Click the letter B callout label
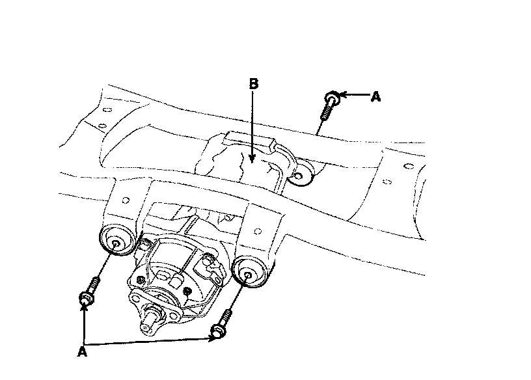(x=254, y=84)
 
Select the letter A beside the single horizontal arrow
(x=376, y=97)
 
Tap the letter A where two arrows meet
(x=82, y=351)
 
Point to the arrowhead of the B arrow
(x=252, y=158)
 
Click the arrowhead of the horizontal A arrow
(x=343, y=95)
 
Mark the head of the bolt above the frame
(x=333, y=98)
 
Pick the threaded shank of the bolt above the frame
(x=326, y=113)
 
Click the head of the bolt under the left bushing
(x=87, y=299)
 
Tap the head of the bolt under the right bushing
(x=219, y=331)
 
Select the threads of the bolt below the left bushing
(x=94, y=284)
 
